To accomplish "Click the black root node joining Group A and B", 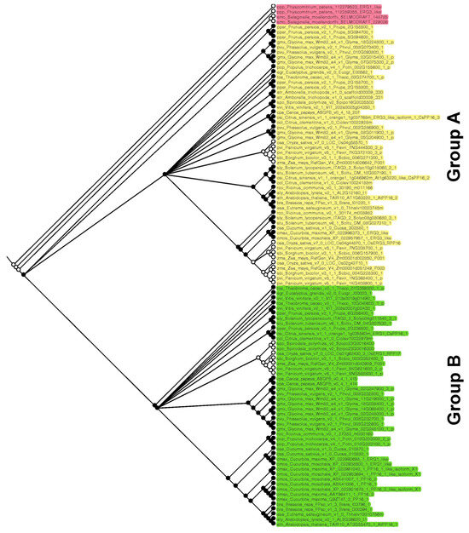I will [24, 274].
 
